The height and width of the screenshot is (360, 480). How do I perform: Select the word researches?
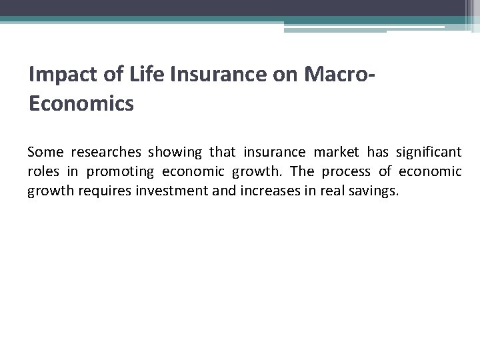click(x=105, y=153)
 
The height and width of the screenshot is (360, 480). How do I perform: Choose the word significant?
click(x=430, y=153)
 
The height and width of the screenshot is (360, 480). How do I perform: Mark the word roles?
click(x=42, y=171)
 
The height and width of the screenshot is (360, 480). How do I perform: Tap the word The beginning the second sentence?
click(x=303, y=171)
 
